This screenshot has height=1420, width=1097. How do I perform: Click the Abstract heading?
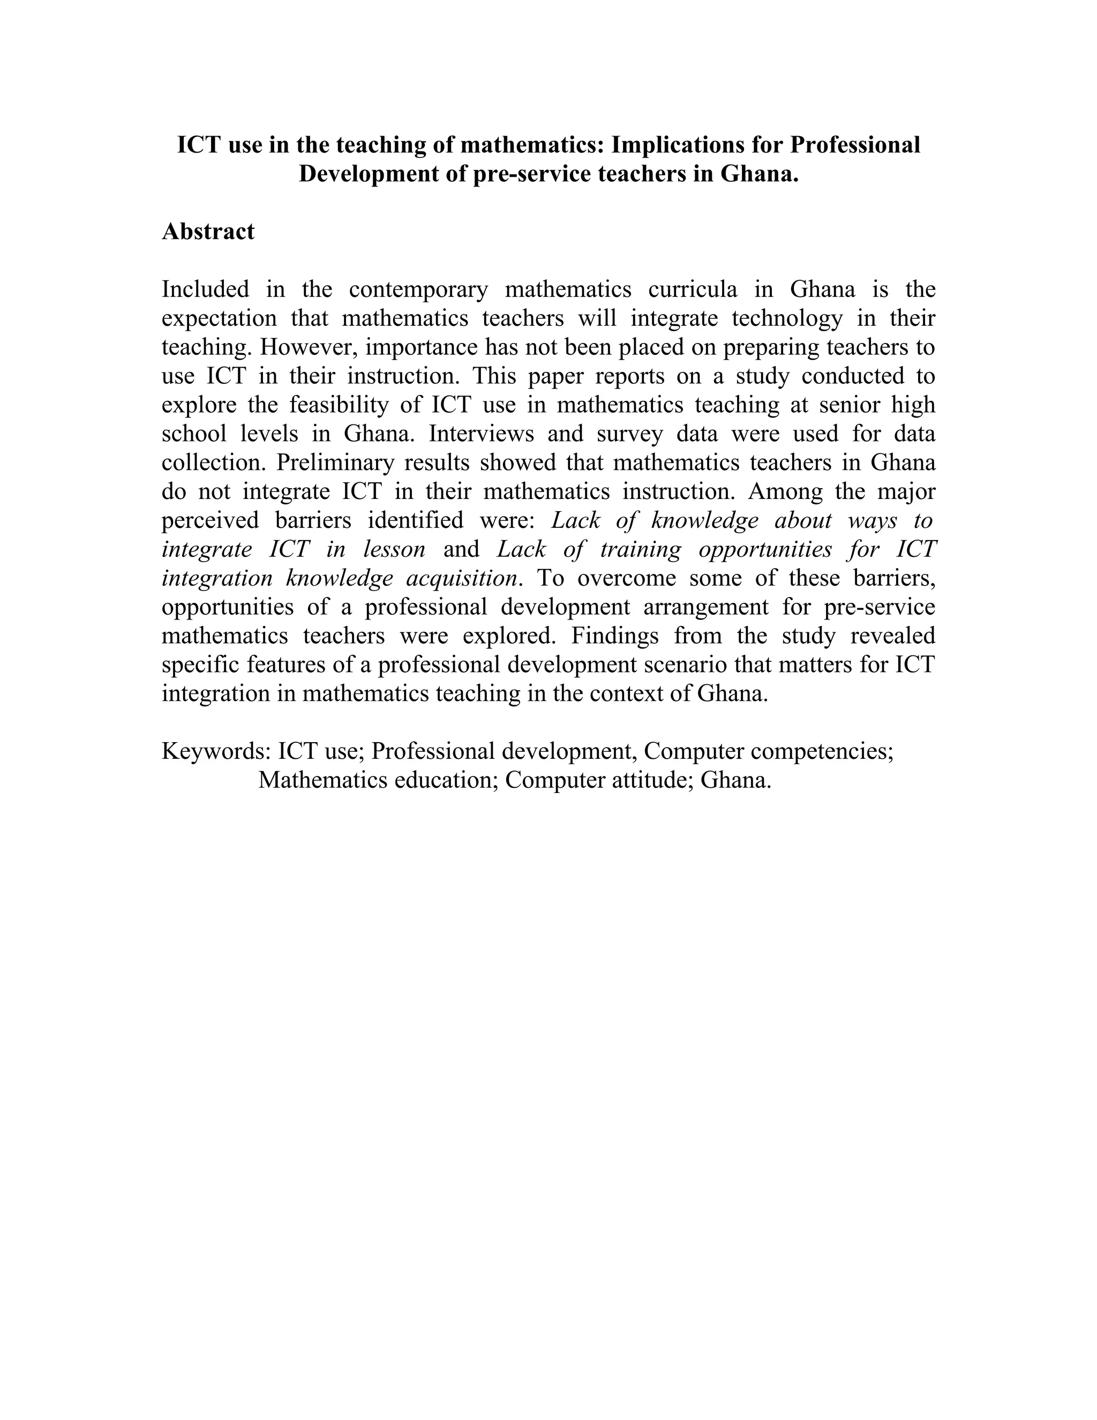tap(208, 231)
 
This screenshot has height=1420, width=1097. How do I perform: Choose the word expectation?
tap(219, 319)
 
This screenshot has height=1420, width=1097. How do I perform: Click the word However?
tap(309, 347)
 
